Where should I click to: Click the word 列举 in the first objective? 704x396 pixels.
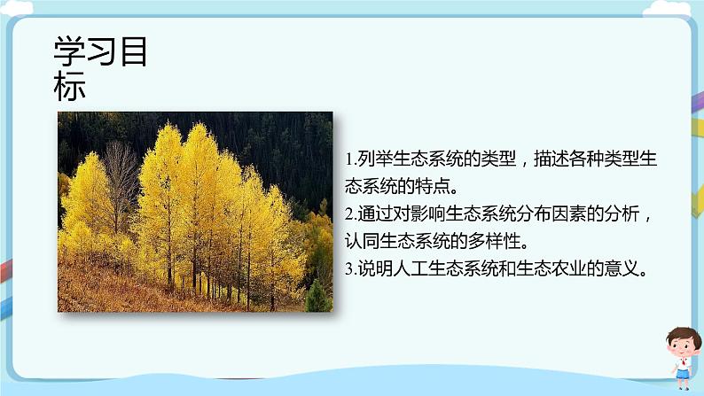(x=372, y=159)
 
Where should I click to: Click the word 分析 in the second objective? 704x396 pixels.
(x=630, y=214)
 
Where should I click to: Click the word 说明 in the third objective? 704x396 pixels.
(x=372, y=268)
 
